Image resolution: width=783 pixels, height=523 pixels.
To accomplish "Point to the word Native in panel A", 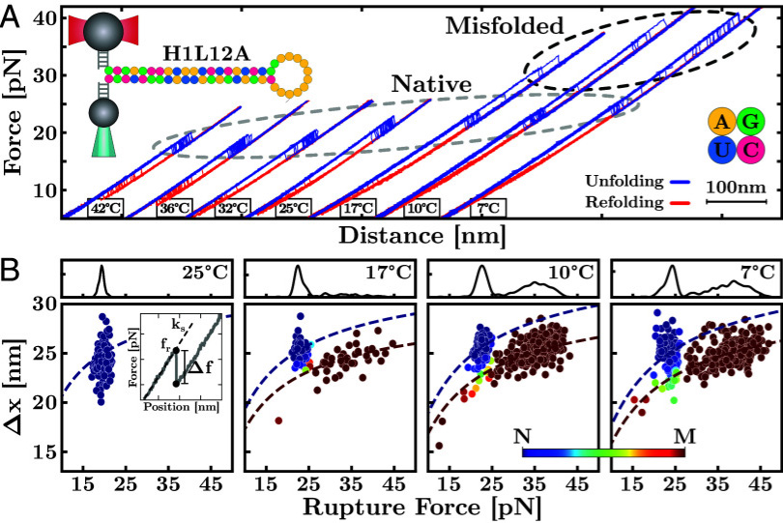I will coord(431,85).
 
